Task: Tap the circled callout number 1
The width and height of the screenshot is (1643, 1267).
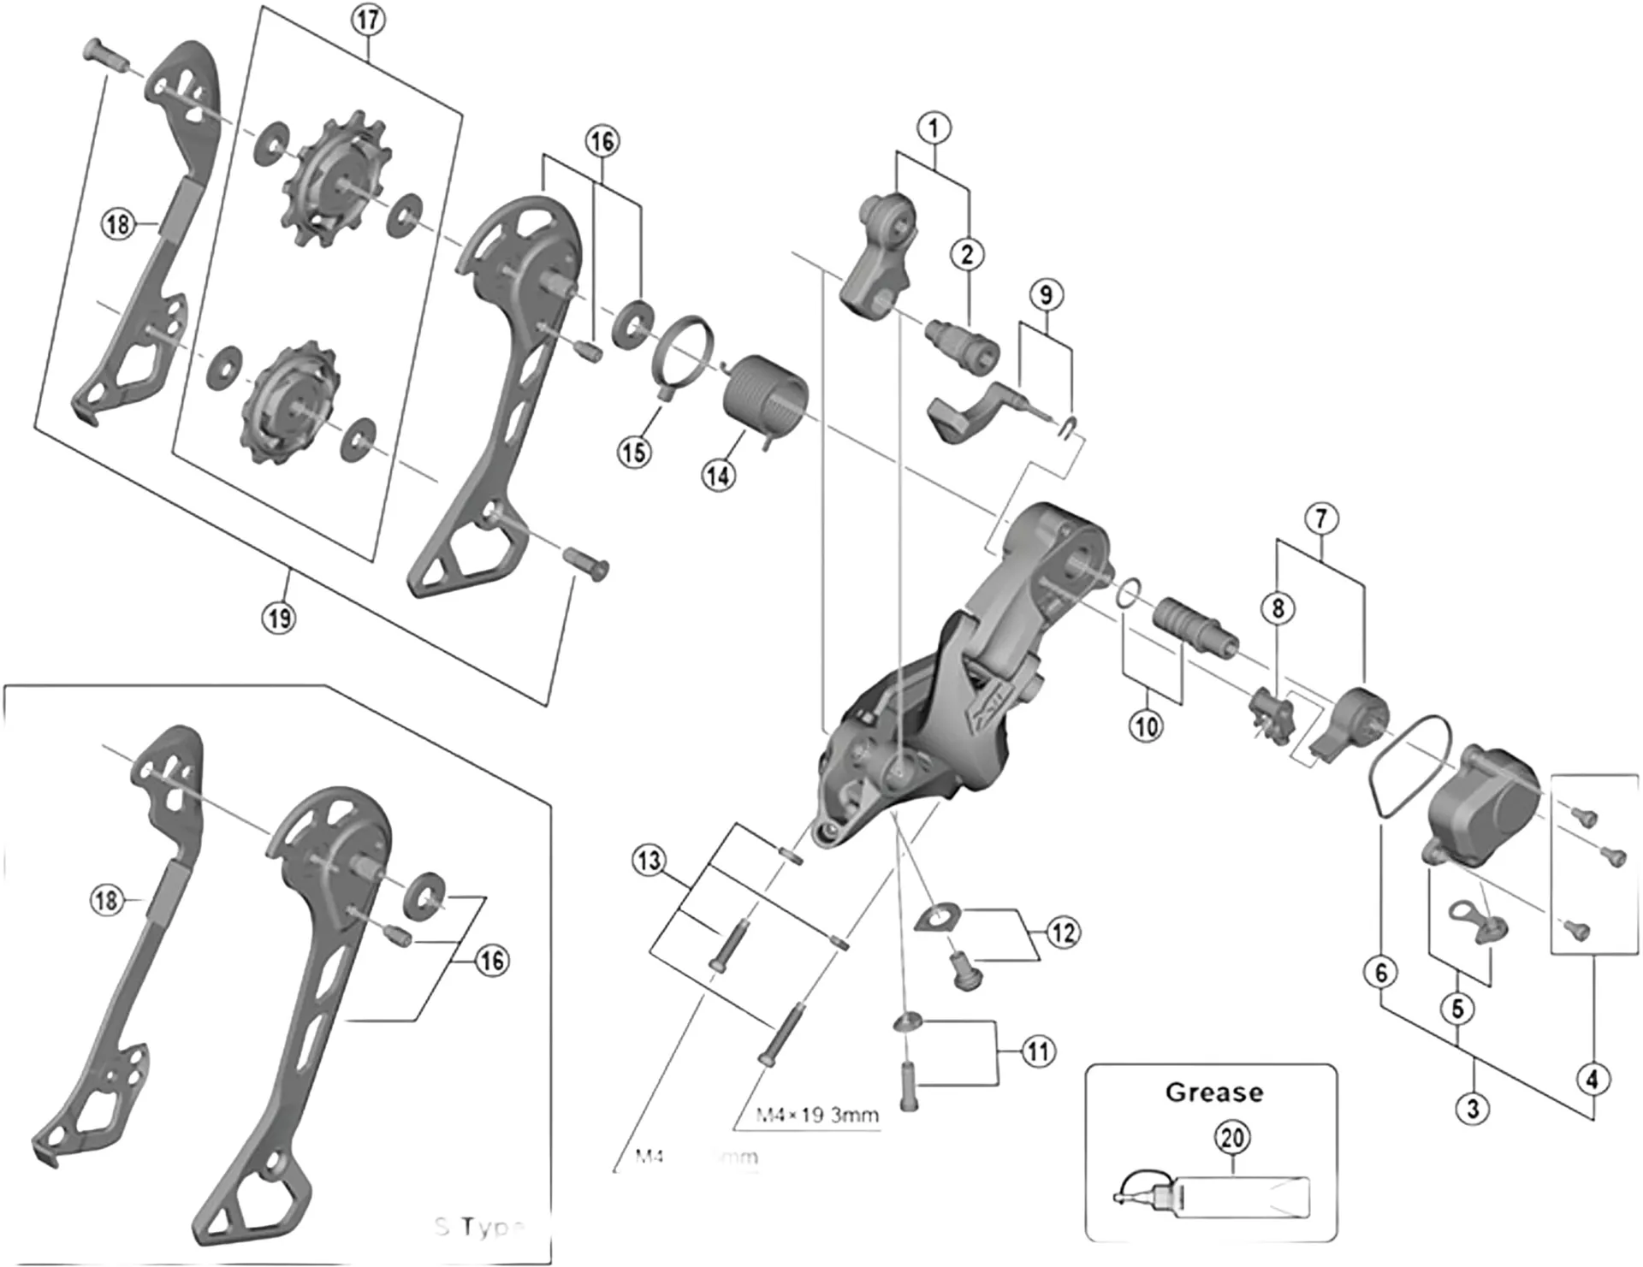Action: (x=934, y=128)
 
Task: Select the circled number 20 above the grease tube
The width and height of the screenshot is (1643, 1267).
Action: (x=1231, y=1138)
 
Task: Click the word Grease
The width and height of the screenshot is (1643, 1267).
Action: (x=1213, y=1092)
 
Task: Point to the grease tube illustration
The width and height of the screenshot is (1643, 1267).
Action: (x=1215, y=1196)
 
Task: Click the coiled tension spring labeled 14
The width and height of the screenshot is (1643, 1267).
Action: (x=765, y=396)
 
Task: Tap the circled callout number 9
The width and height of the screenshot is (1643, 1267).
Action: (x=1046, y=295)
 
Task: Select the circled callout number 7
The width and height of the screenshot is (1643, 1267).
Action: (x=1321, y=518)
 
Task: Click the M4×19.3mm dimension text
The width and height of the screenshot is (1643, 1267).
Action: (x=816, y=1116)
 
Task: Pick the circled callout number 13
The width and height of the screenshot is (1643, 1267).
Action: (x=649, y=860)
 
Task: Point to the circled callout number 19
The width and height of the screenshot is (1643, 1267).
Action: (x=279, y=618)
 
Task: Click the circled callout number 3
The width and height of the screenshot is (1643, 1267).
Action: (x=1473, y=1110)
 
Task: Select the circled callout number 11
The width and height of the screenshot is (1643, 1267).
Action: (x=1038, y=1051)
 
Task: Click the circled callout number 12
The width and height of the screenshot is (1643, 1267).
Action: (x=1063, y=932)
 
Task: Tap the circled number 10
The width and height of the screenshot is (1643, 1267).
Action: (x=1146, y=727)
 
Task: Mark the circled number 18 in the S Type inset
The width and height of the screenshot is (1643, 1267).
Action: (x=106, y=900)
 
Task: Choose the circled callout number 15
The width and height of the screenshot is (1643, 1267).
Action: (x=634, y=452)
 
